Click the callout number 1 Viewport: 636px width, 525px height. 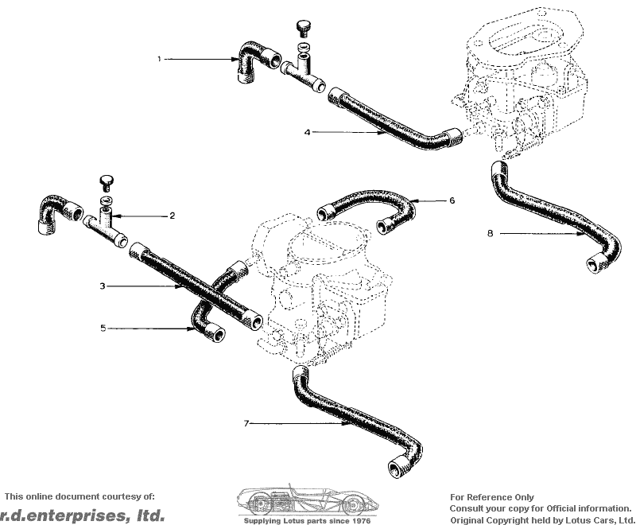pyautogui.click(x=160, y=59)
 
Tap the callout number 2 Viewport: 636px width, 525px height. pyautogui.click(x=172, y=216)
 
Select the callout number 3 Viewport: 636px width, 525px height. pyautogui.click(x=103, y=286)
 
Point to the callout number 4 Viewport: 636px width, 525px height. pyautogui.click(x=308, y=132)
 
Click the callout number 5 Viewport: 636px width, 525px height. pyautogui.click(x=103, y=328)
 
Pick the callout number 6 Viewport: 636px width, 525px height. pyautogui.click(x=452, y=200)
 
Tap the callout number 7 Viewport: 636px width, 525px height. pyautogui.click(x=246, y=423)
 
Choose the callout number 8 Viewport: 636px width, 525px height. pyautogui.click(x=491, y=233)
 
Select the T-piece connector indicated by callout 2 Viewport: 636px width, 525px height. pyautogui.click(x=105, y=228)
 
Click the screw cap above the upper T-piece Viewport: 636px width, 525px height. pyautogui.click(x=303, y=28)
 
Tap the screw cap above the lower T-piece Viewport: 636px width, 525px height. pyautogui.click(x=107, y=182)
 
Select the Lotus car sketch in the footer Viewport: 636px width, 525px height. pyautogui.click(x=308, y=500)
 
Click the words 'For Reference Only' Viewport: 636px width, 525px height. pyautogui.click(x=492, y=497)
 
